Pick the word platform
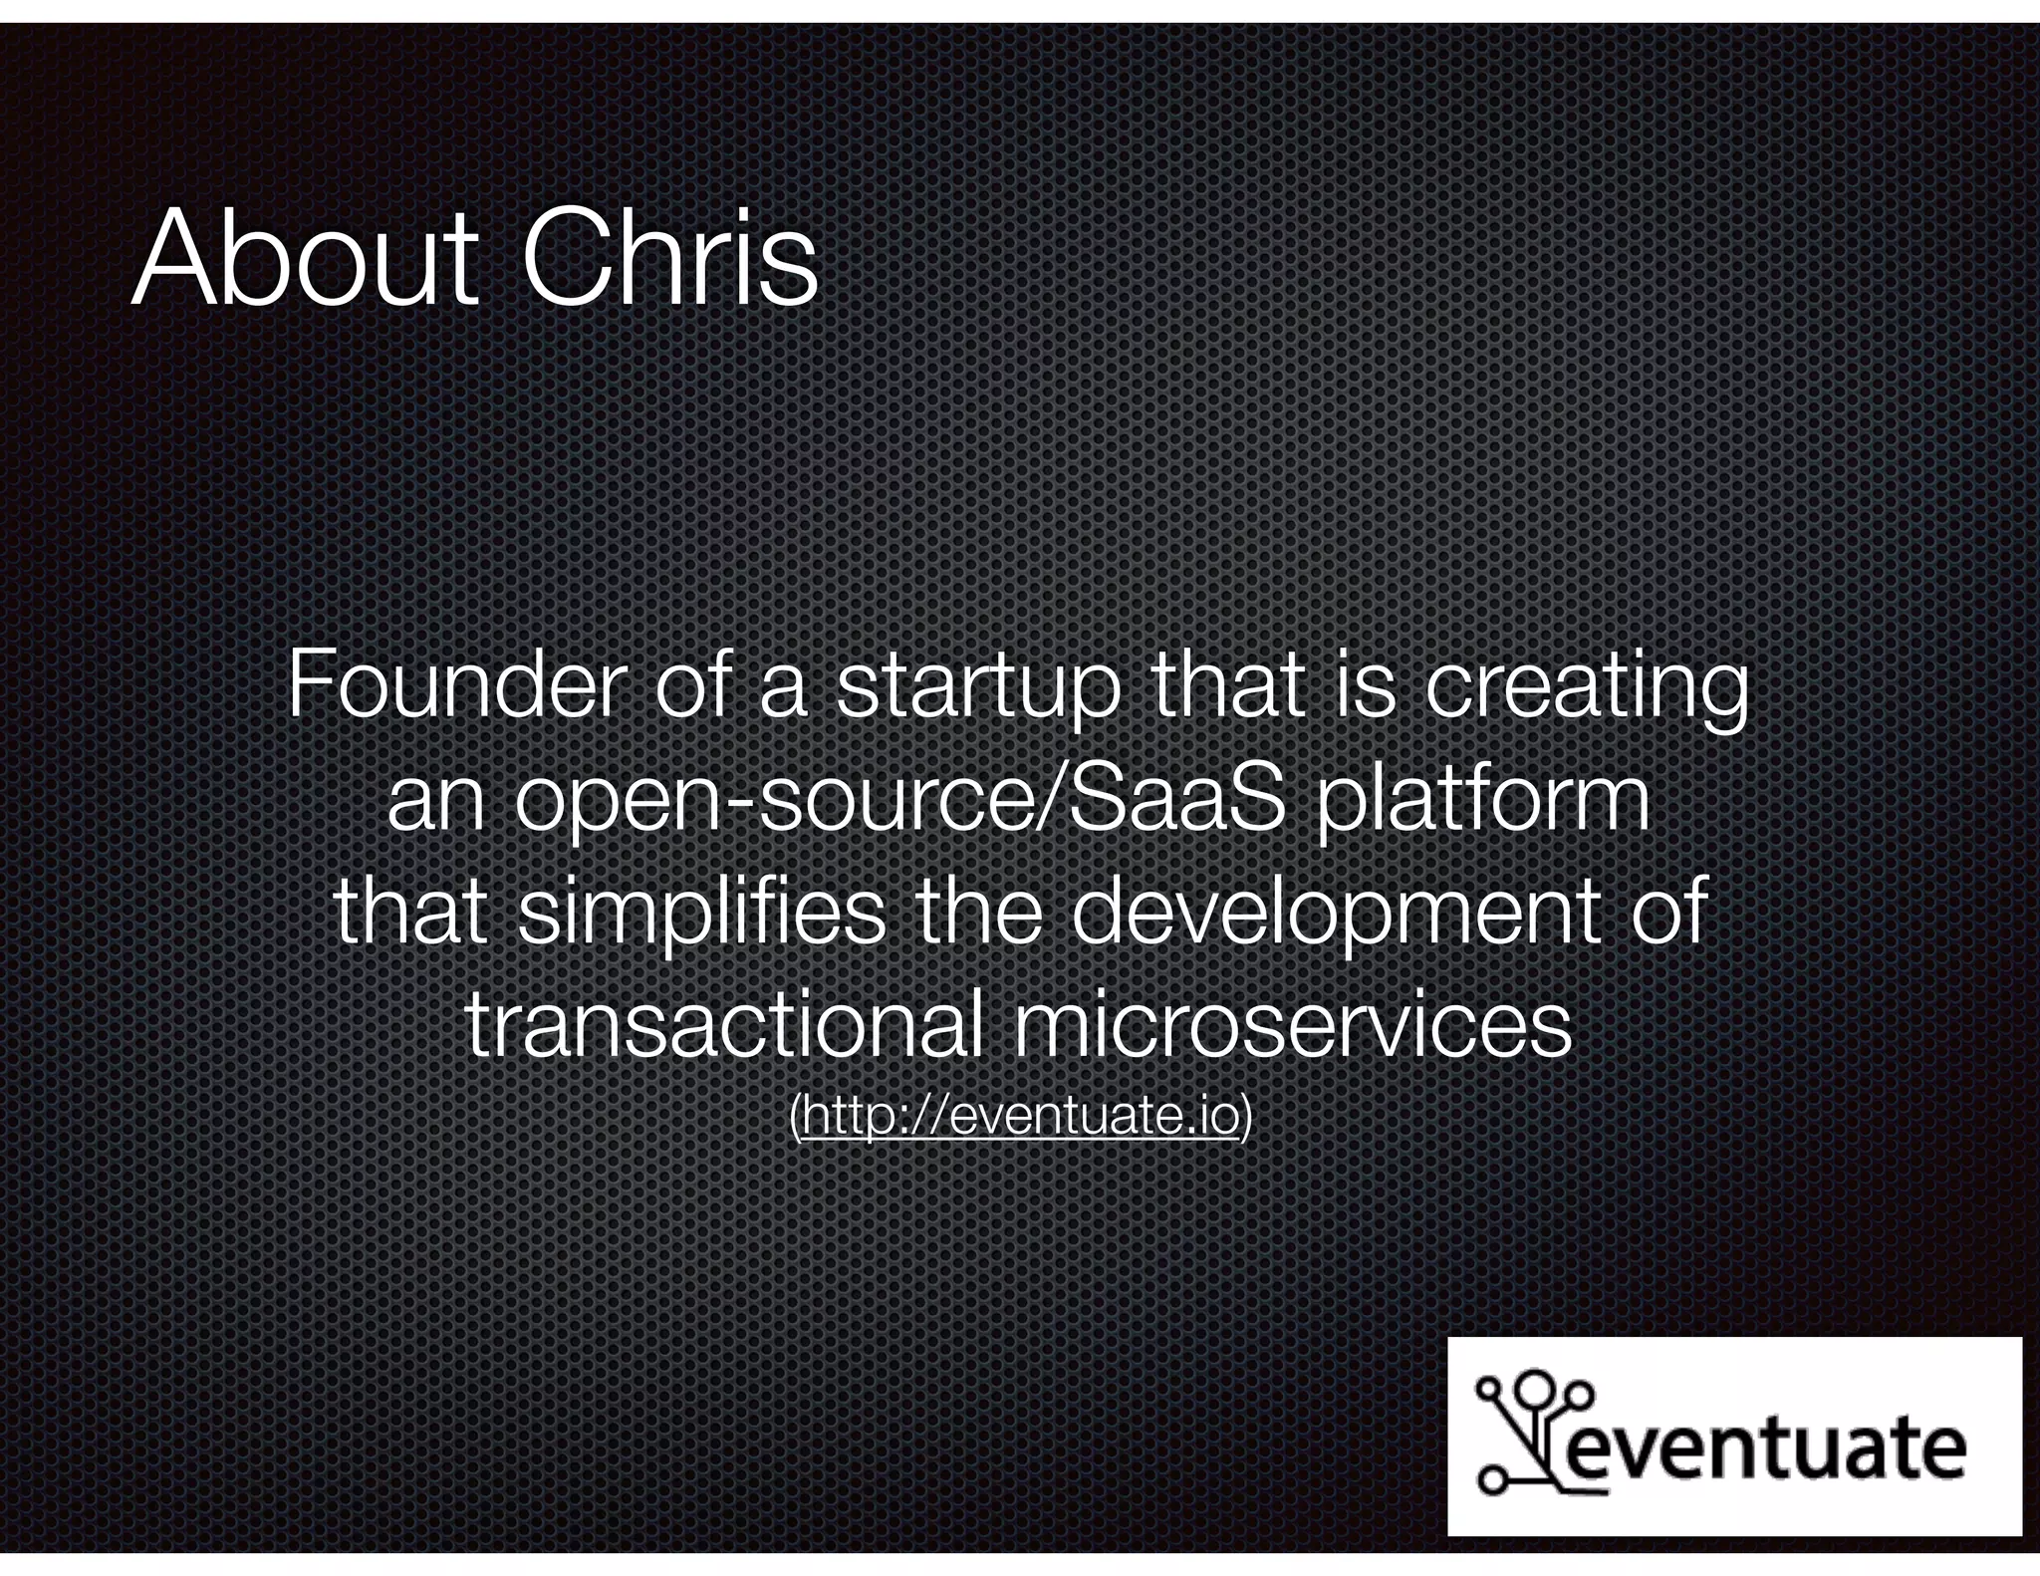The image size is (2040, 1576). click(x=1484, y=803)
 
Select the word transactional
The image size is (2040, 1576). click(x=727, y=1026)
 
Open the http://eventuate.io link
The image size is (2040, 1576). click(x=1019, y=1117)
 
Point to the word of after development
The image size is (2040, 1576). click(x=1672, y=913)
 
